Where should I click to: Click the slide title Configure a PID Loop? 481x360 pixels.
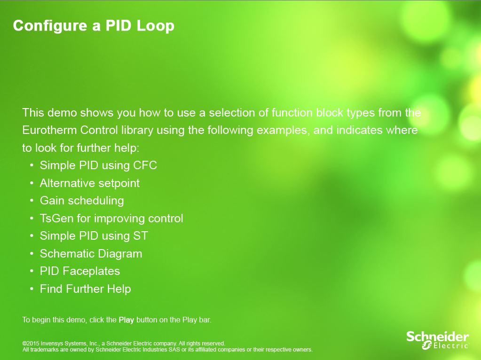[94, 26]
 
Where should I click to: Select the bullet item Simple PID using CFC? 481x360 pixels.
[98, 165]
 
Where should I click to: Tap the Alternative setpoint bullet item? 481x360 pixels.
[90, 183]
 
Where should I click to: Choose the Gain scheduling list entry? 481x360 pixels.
[82, 201]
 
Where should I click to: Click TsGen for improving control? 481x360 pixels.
[111, 219]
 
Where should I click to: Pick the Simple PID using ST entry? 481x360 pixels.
[94, 236]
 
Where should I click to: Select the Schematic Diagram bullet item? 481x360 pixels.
[91, 254]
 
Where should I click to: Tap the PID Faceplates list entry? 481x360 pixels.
[80, 271]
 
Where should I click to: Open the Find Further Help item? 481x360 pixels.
[85, 289]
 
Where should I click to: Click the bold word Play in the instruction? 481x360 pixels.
[126, 320]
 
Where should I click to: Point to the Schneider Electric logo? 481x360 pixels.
[438, 340]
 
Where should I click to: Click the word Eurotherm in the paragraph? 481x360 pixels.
[49, 130]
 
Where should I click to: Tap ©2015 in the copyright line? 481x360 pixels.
[31, 344]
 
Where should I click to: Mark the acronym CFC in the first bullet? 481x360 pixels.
[145, 165]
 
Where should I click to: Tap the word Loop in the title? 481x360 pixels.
[155, 26]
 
